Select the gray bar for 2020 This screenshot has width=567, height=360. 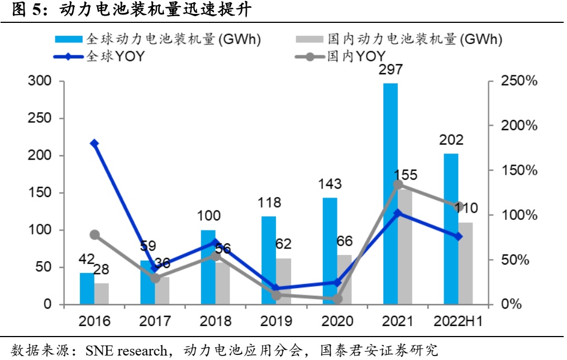coord(345,280)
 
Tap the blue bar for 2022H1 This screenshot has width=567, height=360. coord(451,229)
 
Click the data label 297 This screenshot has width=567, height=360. coord(390,71)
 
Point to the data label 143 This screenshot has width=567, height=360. coord(330,185)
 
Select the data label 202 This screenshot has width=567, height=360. coord(451,140)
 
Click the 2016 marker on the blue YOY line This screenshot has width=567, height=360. coord(94,143)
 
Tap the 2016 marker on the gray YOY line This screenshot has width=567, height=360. coord(94,235)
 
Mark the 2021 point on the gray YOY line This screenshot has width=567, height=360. coord(398,184)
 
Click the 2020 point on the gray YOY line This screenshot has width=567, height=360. coord(337,299)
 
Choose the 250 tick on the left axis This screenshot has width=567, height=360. coord(40,118)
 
